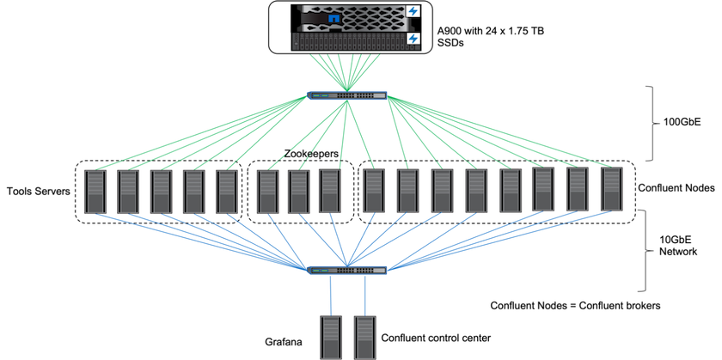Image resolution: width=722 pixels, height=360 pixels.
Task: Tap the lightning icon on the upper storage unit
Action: coord(413,11)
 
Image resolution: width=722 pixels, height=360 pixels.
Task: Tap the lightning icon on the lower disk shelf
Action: coord(413,39)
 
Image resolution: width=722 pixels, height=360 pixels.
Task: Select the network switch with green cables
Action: coord(348,95)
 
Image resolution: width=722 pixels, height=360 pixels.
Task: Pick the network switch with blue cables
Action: coord(348,270)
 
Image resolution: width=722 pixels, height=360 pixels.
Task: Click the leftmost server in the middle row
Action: coord(95,192)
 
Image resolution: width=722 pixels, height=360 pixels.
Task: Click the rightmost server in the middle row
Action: coord(612,190)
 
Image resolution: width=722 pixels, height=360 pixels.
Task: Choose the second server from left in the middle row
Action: coord(128,192)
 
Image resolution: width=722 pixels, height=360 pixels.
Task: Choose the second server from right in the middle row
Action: coord(578,190)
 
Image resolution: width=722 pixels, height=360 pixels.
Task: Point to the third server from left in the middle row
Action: coord(162,192)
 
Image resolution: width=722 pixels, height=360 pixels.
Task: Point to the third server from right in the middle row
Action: coord(543,190)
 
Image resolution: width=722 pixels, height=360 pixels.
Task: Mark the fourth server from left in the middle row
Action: coord(194,192)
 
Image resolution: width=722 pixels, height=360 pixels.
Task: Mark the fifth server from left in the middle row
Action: coord(227,192)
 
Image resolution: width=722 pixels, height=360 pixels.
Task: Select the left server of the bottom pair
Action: coord(330,337)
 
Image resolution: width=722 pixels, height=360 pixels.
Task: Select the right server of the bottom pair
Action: coord(365,337)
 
